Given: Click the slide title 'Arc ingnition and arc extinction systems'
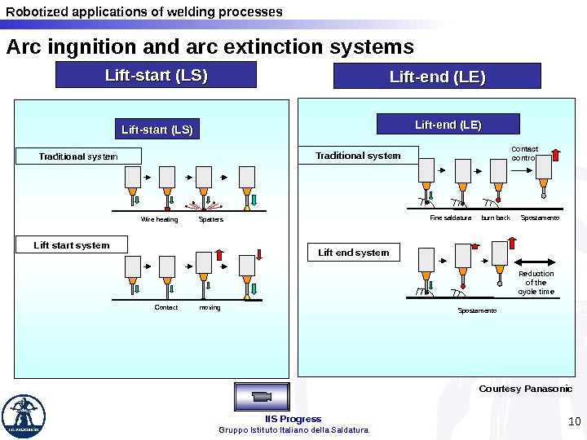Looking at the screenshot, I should click(x=210, y=47).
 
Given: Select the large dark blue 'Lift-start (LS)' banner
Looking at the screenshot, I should click(x=156, y=76).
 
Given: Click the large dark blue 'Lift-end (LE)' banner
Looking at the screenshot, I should click(x=438, y=77).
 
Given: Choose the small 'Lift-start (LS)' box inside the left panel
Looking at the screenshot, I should click(x=157, y=130).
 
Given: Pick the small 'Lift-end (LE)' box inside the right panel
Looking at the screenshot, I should click(x=448, y=125).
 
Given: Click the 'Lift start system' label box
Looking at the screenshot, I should click(x=72, y=245).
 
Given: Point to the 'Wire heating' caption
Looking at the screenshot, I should click(x=159, y=219).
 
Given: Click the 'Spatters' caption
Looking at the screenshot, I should click(x=211, y=219).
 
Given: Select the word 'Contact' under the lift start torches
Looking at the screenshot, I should click(x=166, y=307).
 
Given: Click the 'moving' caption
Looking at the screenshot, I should click(x=210, y=307).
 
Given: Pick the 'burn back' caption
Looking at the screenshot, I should click(x=496, y=218).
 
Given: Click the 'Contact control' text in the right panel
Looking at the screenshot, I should click(x=524, y=153).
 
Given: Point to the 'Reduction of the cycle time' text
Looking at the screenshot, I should click(x=536, y=283).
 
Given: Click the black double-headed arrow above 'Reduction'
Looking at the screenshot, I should click(x=535, y=262).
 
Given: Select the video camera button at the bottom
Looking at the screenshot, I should click(x=261, y=396).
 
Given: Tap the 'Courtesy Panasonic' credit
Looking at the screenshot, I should click(x=525, y=389).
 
